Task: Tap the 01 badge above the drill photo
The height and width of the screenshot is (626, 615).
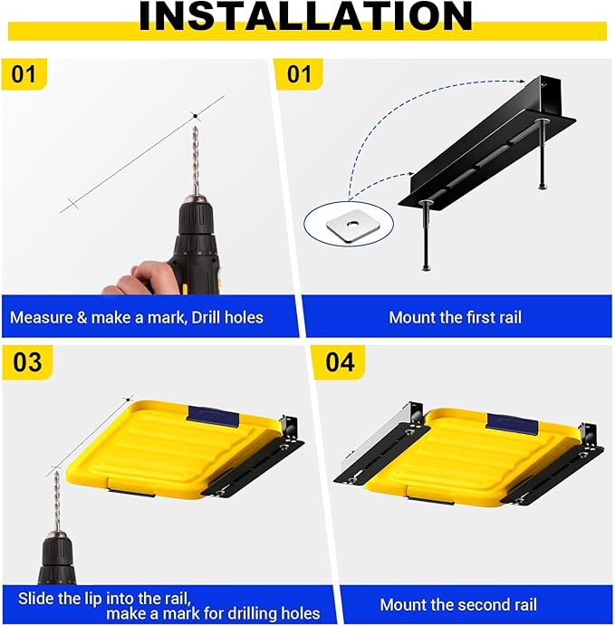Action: [24, 74]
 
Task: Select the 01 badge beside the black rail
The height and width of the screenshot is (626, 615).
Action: [299, 74]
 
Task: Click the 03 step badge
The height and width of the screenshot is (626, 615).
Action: [27, 362]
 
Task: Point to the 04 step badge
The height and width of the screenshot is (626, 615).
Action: [340, 362]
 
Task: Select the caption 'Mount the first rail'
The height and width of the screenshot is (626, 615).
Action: [455, 318]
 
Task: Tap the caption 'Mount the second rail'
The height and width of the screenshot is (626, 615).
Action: [458, 605]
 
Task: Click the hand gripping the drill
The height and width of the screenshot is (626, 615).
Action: [135, 278]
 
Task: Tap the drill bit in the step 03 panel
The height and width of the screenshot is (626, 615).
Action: [57, 501]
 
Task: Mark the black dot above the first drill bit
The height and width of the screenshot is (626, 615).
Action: [195, 116]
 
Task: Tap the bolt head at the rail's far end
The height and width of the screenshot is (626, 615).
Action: [542, 120]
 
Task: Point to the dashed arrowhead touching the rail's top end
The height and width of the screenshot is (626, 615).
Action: [521, 82]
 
